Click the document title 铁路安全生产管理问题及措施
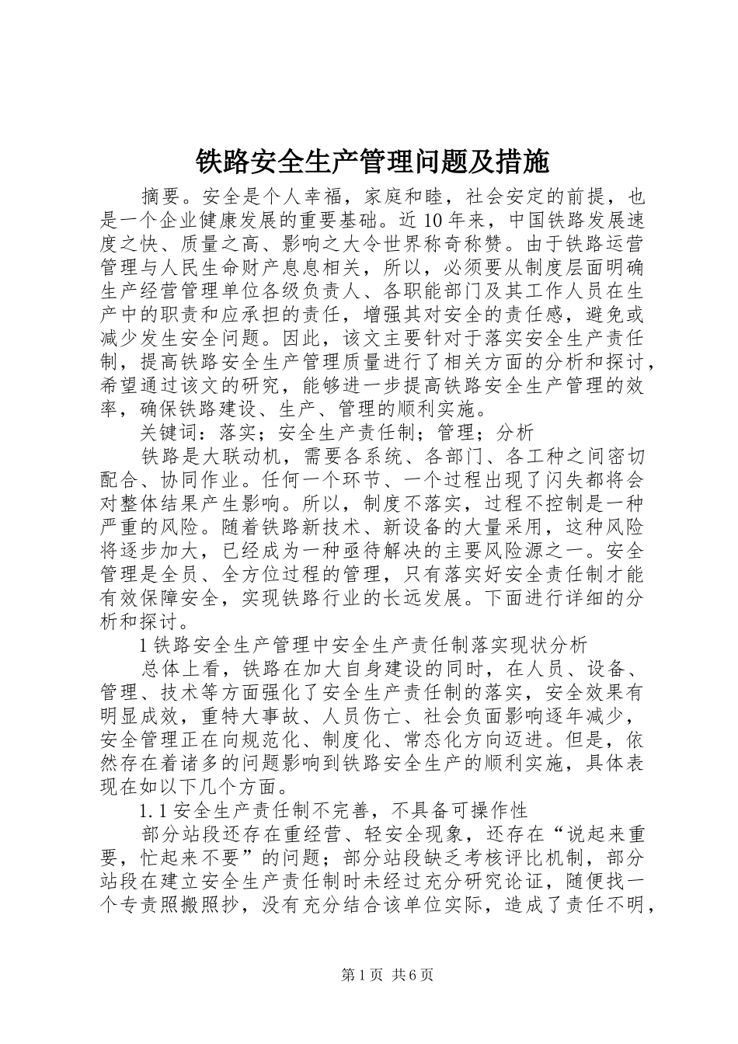point(371,162)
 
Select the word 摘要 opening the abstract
point(161,197)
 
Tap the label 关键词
point(170,432)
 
